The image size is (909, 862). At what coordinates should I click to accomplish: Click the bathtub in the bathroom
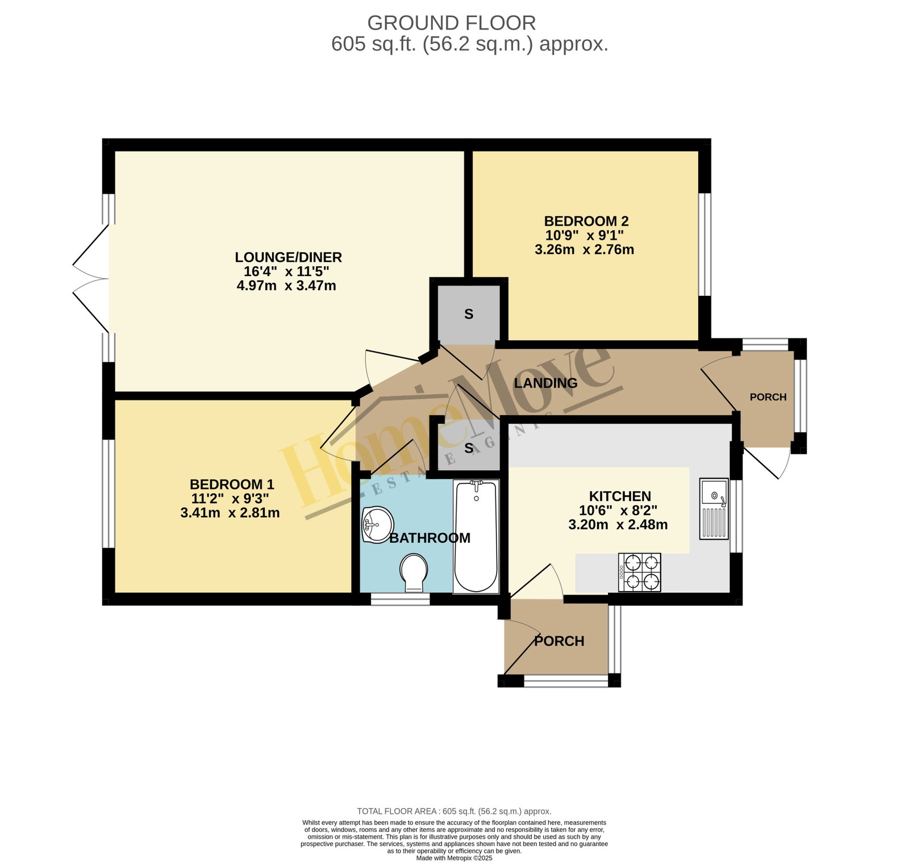point(476,537)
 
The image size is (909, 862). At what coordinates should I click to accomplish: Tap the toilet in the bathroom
point(414,572)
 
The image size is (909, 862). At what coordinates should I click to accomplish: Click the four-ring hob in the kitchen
point(640,572)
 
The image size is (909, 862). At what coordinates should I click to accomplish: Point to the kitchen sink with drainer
point(714,508)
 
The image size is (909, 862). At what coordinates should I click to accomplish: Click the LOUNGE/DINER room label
point(289,257)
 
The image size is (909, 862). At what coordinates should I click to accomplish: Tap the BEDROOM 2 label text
point(586,221)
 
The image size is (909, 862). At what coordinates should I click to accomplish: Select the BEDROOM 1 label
point(232,484)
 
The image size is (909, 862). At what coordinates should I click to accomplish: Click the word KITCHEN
point(620,496)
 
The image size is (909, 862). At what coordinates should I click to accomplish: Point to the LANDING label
point(545,383)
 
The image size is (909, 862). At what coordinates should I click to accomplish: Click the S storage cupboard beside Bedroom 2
point(469,314)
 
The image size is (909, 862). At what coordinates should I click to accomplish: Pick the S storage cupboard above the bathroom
point(469,448)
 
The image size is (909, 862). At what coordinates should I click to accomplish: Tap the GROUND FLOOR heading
point(452,23)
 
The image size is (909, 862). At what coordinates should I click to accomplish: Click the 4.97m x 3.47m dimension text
point(286,285)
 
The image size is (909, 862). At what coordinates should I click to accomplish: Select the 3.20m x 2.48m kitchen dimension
point(618,525)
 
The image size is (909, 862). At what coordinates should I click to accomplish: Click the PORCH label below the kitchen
point(559,641)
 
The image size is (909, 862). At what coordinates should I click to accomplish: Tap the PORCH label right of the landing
point(768,397)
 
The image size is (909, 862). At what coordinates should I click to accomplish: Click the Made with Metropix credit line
point(454,858)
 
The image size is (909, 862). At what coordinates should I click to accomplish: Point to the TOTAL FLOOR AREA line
point(454,811)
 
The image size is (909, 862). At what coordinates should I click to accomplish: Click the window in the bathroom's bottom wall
point(400,599)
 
